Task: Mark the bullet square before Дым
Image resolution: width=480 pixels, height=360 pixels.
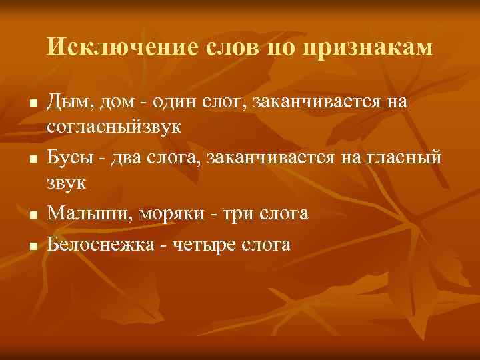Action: [32, 105]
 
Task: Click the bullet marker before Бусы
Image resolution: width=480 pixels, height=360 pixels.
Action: [32, 160]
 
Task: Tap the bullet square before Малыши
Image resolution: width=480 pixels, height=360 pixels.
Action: [32, 216]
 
